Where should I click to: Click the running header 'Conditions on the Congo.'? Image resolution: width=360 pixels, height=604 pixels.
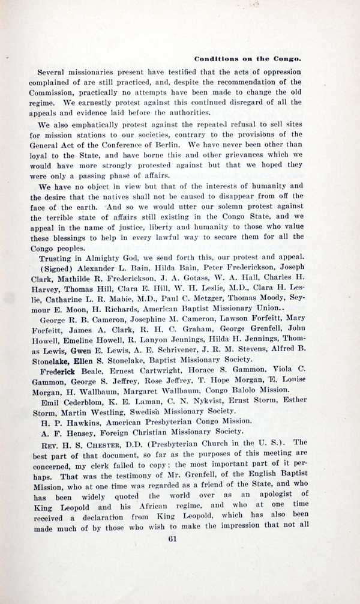click(x=247, y=59)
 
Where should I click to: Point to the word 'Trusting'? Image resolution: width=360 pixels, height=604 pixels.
click(x=56, y=257)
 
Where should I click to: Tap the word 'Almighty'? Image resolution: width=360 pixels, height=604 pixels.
click(x=105, y=257)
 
